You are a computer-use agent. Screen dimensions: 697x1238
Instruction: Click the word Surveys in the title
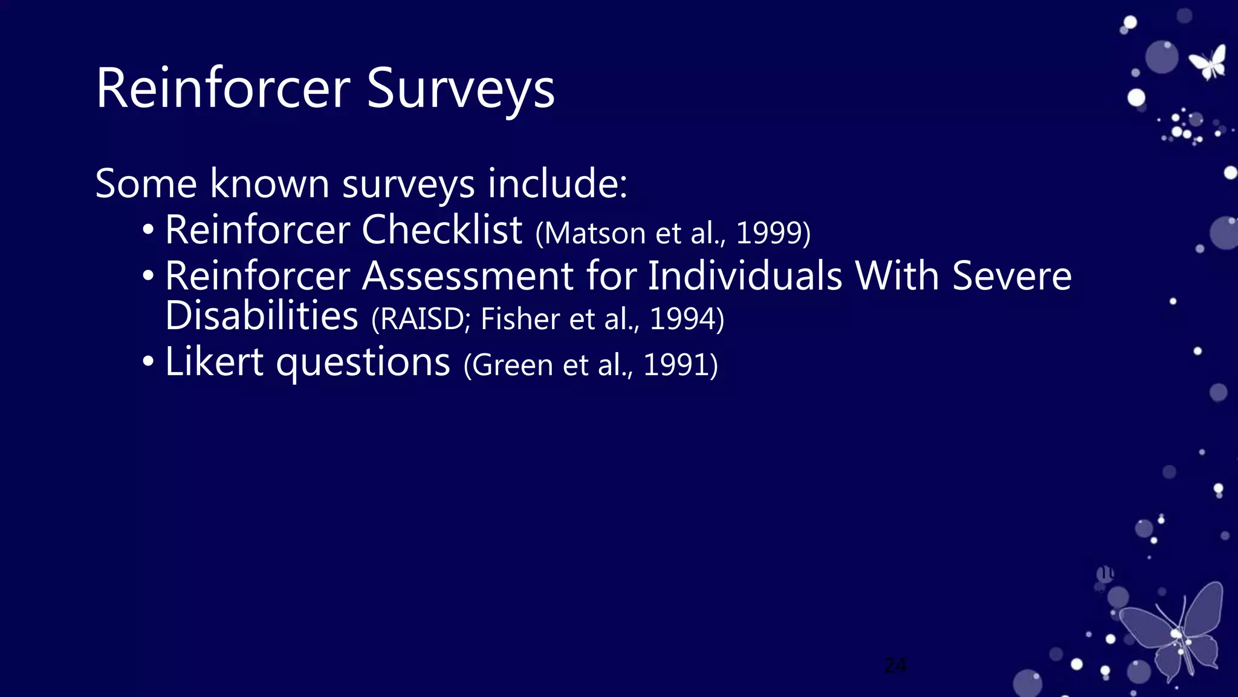(x=460, y=90)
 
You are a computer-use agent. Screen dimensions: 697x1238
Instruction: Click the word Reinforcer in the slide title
(x=222, y=88)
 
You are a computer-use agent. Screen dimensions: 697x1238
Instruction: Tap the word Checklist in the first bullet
(x=441, y=230)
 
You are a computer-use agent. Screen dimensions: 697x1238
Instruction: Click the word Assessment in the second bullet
(x=467, y=276)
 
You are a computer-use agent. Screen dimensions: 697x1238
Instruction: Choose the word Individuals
(x=745, y=276)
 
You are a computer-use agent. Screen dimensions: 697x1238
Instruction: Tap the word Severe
(x=1011, y=276)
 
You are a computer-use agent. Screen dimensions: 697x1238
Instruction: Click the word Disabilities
(x=262, y=316)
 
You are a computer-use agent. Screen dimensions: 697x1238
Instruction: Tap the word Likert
(x=214, y=362)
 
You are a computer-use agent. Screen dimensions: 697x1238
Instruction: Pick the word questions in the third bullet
(x=363, y=363)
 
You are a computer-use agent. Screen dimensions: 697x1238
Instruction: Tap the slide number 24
(x=895, y=666)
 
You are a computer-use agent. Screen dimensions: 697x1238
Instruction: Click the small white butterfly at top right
(x=1208, y=62)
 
